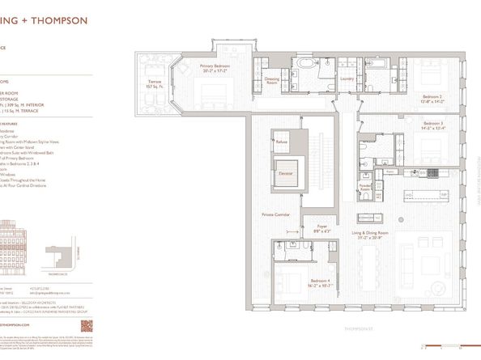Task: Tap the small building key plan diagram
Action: click(53, 257)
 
